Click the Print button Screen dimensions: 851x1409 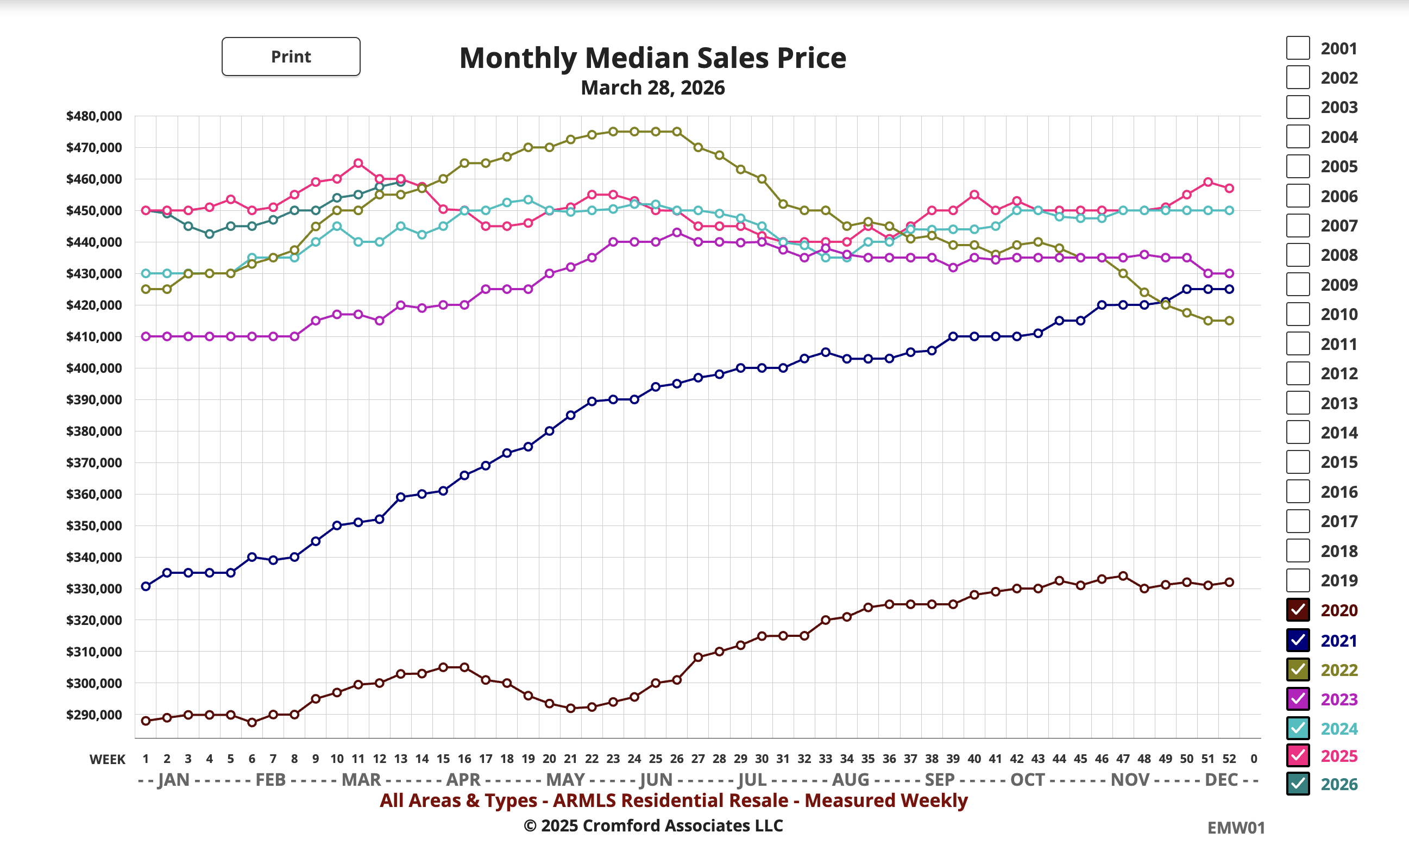click(x=291, y=57)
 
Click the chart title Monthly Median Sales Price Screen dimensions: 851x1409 click(x=652, y=58)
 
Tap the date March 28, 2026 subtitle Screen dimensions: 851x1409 click(x=652, y=87)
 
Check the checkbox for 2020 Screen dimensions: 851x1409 click(x=1298, y=610)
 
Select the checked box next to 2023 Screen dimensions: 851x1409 click(x=1298, y=698)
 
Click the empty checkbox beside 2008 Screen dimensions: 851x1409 click(x=1298, y=255)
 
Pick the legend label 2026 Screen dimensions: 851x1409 click(x=1339, y=784)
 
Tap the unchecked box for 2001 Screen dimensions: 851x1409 click(x=1298, y=48)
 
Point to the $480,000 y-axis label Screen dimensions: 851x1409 click(x=95, y=116)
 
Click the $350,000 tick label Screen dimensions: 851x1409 click(x=95, y=525)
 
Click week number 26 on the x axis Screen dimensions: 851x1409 click(x=676, y=759)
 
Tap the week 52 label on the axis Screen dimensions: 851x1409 click(x=1229, y=759)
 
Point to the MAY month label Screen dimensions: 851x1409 click(x=565, y=779)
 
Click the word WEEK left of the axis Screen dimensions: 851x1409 click(x=107, y=760)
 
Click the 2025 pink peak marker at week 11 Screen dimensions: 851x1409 click(x=358, y=164)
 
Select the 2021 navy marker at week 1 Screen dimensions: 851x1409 click(x=146, y=586)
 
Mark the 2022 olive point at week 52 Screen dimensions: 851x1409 click(x=1229, y=321)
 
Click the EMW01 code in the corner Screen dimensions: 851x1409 click(x=1236, y=828)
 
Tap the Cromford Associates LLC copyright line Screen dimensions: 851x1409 click(x=653, y=825)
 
